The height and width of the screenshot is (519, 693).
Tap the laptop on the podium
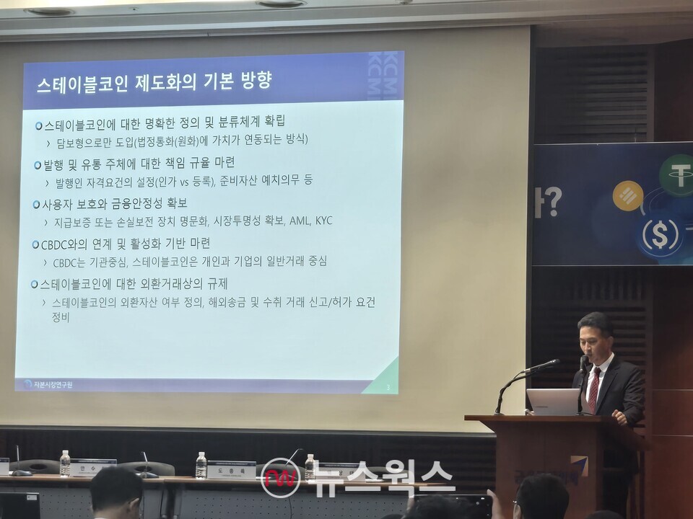pos(552,402)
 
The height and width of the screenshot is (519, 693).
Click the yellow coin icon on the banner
pos(627,196)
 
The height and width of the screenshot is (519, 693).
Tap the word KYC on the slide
pos(323,221)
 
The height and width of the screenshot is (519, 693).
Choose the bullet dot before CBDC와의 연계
pos(36,244)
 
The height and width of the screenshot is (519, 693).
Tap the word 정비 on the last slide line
pos(60,316)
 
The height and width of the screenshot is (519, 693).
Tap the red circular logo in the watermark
pos(280,478)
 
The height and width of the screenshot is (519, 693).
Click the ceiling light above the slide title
pos(282,4)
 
